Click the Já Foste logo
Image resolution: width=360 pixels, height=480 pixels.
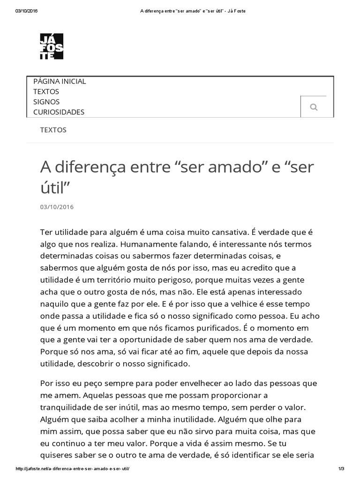click(52, 46)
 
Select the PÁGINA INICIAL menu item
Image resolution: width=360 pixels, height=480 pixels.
click(60, 82)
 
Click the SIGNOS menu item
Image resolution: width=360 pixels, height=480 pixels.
click(46, 102)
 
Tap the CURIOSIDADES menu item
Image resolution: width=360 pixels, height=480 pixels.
click(59, 112)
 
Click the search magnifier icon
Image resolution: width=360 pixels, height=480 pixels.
click(314, 107)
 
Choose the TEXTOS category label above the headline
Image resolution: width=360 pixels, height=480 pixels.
click(53, 130)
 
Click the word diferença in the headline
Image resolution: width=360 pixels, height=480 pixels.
click(95, 167)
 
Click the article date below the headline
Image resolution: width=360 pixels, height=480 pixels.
click(57, 207)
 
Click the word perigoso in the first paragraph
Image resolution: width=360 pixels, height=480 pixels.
click(195, 279)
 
